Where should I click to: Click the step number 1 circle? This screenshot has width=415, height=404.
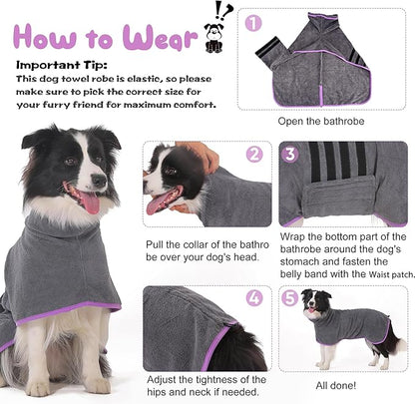(x=253, y=21)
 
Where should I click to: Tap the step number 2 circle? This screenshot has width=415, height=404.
(x=253, y=154)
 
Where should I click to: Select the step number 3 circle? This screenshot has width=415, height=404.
(x=289, y=154)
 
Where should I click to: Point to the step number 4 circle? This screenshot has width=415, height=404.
(x=253, y=297)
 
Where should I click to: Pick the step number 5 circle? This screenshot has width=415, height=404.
(x=288, y=297)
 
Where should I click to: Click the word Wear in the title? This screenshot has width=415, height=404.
(x=161, y=38)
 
